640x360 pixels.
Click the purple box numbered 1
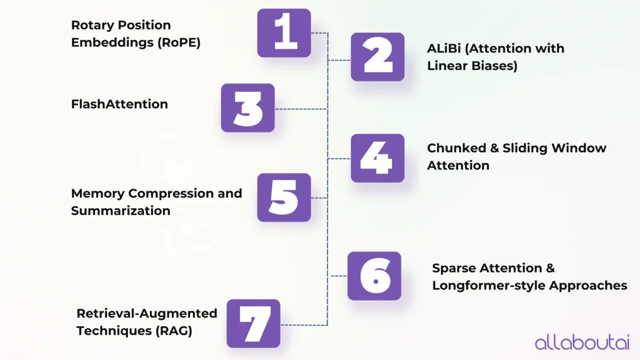284,33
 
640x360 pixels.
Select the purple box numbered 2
377,57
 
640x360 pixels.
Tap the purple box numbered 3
248,108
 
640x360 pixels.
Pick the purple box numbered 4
377,158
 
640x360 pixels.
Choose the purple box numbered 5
284,197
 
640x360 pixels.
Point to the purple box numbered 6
374,276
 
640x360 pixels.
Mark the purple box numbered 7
253,323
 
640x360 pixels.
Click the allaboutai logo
582,342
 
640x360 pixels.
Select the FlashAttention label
119,104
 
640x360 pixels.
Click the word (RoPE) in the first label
179,42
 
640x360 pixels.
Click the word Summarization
120,210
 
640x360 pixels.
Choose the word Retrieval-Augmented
147,313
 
